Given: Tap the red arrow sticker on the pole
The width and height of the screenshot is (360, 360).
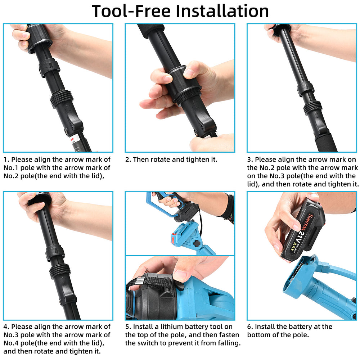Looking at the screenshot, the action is click(72, 140).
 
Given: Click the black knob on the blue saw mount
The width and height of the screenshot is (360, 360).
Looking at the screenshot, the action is click(197, 243).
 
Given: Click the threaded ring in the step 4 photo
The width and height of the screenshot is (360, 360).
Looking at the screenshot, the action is click(60, 271).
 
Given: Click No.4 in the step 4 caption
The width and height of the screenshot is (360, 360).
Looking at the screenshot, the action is click(11, 343).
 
